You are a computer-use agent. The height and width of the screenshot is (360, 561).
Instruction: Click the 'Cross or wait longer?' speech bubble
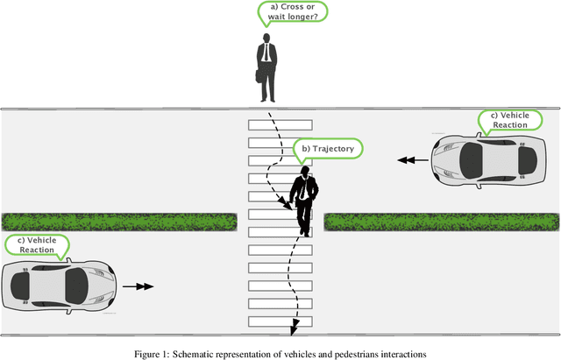click(x=293, y=11)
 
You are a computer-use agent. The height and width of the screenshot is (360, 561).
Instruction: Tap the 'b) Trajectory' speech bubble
click(x=327, y=149)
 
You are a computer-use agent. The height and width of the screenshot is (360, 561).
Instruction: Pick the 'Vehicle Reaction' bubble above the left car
click(x=37, y=245)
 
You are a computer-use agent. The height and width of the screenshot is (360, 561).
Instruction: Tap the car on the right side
click(x=485, y=160)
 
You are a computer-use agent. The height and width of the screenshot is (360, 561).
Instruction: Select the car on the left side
click(x=60, y=284)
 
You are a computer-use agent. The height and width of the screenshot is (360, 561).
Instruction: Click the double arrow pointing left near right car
click(x=408, y=160)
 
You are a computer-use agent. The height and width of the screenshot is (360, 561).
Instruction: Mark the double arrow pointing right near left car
click(x=138, y=286)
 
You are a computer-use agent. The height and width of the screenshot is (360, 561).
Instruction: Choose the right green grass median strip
click(x=441, y=222)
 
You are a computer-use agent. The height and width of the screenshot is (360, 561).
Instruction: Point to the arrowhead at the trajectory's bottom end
click(x=294, y=328)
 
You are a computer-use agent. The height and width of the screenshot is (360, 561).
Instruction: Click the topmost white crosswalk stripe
click(x=280, y=124)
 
